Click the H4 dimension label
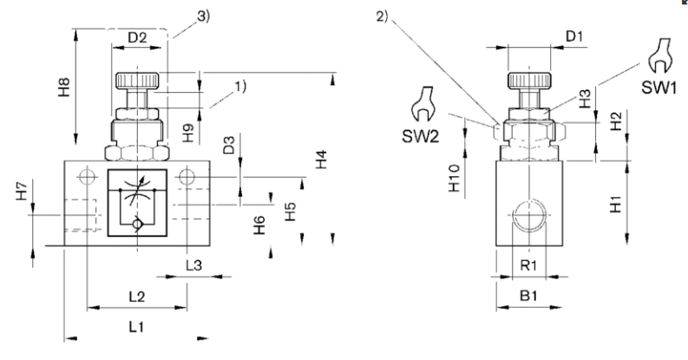(322, 160)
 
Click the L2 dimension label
(136, 297)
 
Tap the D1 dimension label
(574, 38)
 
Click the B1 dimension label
(527, 297)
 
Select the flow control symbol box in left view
(135, 204)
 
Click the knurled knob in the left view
(136, 81)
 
